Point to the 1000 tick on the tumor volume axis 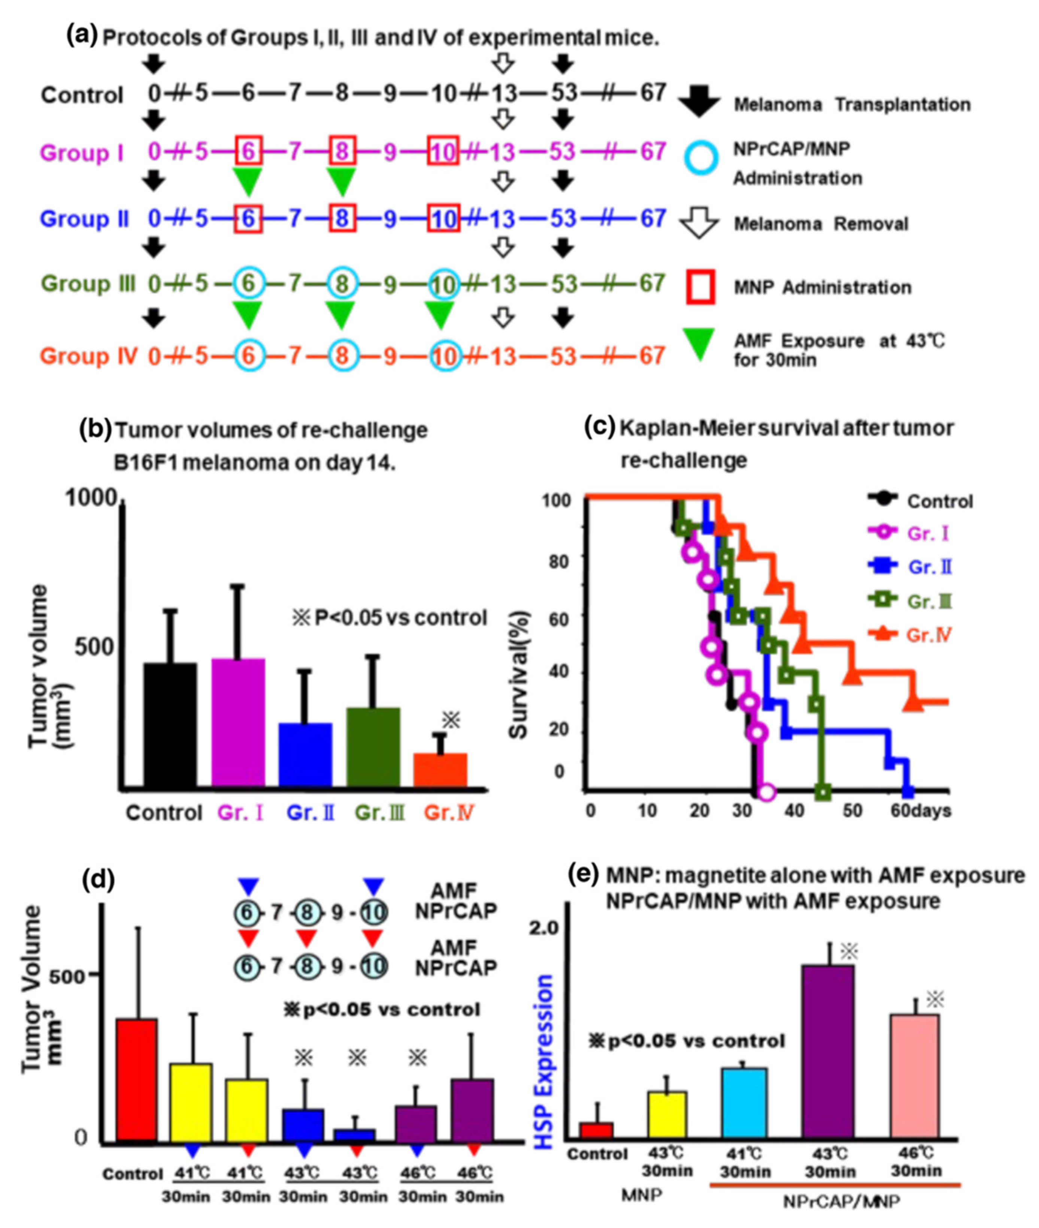coord(91,498)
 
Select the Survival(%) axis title coord(519,674)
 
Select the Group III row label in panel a coord(88,284)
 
